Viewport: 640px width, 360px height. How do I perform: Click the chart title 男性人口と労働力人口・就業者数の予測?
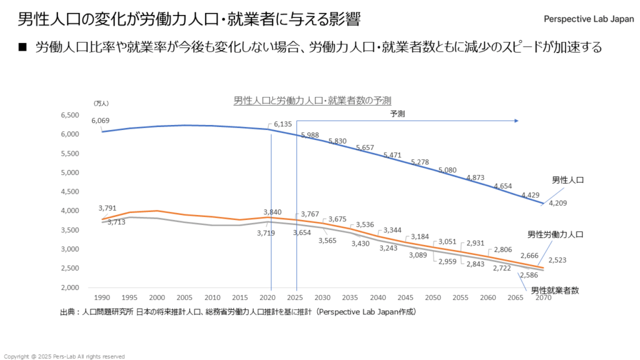coord(312,100)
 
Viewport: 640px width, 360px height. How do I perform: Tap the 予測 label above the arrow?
coord(397,114)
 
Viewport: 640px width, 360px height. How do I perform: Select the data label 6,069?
coord(100,121)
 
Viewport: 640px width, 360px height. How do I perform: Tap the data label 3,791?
coord(107,208)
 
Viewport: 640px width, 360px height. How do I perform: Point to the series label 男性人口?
coord(567,180)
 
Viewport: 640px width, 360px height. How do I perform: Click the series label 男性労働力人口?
coord(555,235)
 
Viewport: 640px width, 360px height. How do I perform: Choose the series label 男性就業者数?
coord(555,290)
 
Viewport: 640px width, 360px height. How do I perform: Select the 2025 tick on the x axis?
coord(296,298)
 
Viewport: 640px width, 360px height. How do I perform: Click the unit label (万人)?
coord(100,102)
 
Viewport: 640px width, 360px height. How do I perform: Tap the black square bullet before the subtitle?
coord(24,47)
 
